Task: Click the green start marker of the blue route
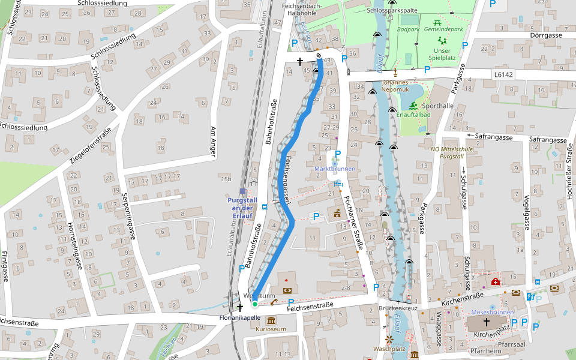coord(254,304)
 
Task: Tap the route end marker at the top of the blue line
coord(319,56)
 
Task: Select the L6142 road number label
coord(503,74)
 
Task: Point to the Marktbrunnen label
coord(335,169)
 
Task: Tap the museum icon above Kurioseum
coord(271,320)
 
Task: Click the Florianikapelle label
coord(240,317)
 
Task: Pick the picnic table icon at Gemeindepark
coord(437,22)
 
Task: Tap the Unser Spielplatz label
coord(443,55)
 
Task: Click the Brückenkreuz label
coord(397,308)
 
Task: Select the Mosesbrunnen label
coord(493,313)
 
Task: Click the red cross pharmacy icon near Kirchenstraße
coord(495,281)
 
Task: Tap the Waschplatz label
coord(389,349)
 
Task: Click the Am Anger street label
coord(212,142)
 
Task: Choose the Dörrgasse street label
coord(546,35)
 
